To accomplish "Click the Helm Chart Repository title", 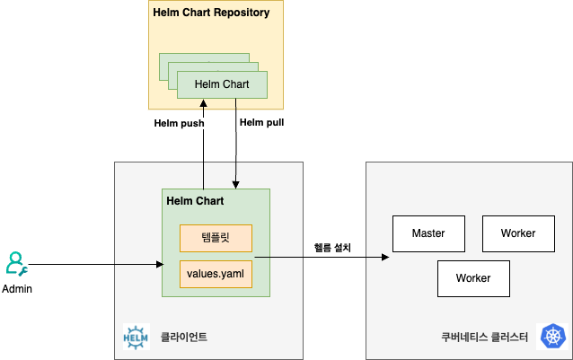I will coord(211,13).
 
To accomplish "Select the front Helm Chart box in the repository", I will coord(222,84).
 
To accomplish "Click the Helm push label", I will coord(180,123).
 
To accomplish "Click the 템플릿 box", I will coord(216,238).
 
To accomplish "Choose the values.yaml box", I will coord(216,274).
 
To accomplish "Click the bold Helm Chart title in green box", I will coord(196,200).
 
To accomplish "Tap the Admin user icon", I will coord(16,263).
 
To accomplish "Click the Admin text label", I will coord(16,289).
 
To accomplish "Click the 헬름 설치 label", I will coord(333,247).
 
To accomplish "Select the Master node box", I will coord(428,233).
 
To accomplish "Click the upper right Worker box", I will coord(518,233).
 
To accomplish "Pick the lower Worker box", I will coord(473,278).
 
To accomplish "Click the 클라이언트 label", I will coord(184,338).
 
